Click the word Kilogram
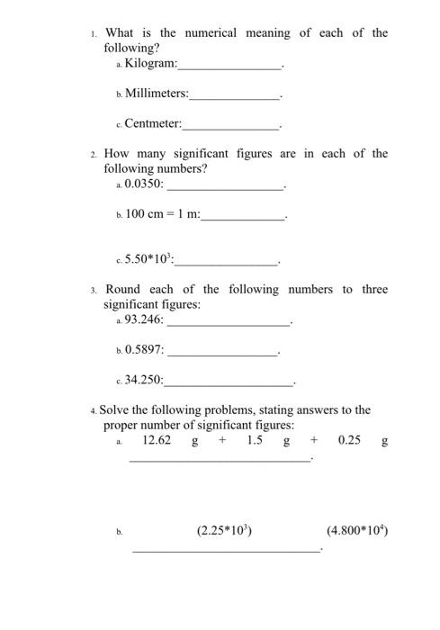point(149,64)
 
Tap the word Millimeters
point(156,93)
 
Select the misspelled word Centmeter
point(152,122)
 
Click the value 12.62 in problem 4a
point(157,441)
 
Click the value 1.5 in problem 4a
point(254,441)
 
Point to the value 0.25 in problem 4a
point(350,441)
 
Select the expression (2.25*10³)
point(224,531)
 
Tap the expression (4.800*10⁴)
point(357,531)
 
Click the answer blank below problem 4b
point(226,549)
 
